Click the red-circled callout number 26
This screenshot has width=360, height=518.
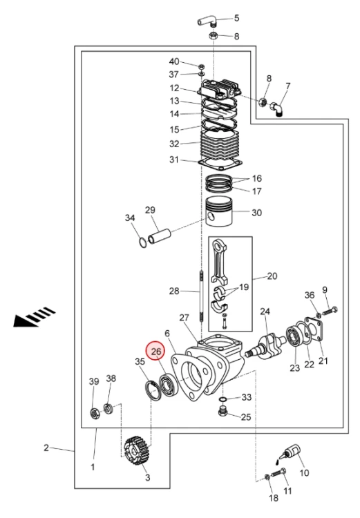pyautogui.click(x=155, y=352)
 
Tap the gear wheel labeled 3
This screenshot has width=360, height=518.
pyautogui.click(x=135, y=450)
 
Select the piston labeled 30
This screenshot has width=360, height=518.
pyautogui.click(x=219, y=211)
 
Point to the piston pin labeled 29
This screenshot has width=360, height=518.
pyautogui.click(x=160, y=237)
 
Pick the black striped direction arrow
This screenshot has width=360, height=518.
pyautogui.click(x=34, y=317)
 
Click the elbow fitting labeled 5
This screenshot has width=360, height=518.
pyautogui.click(x=207, y=22)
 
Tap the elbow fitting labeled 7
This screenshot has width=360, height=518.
pyautogui.click(x=277, y=109)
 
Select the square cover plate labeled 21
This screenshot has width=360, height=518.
pyautogui.click(x=314, y=329)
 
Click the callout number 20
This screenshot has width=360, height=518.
pyautogui.click(x=272, y=276)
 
